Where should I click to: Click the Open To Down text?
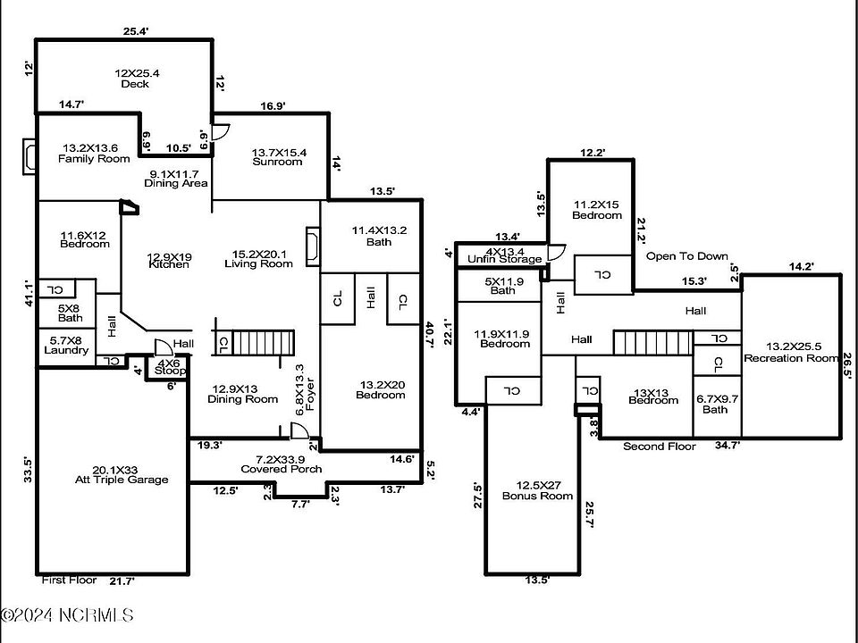tap(687, 256)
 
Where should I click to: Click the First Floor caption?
tap(69, 580)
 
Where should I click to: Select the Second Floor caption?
tap(660, 447)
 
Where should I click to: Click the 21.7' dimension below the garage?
tap(122, 581)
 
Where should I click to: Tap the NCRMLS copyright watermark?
tap(67, 615)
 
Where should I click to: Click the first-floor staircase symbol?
tap(265, 342)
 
